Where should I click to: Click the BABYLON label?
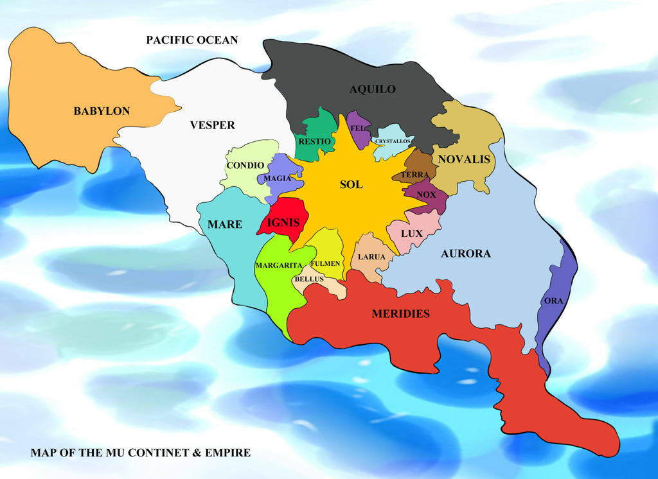click(x=102, y=111)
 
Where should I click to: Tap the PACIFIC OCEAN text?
click(x=191, y=40)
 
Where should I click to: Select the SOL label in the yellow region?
click(x=351, y=185)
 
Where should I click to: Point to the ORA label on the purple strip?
click(x=553, y=300)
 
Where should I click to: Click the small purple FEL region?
click(x=358, y=128)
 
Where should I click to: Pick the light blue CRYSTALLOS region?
click(x=393, y=141)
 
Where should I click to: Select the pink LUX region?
click(x=412, y=233)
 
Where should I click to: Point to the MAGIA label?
click(x=278, y=179)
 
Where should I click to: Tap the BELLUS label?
click(x=308, y=279)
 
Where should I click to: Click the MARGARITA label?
click(x=278, y=265)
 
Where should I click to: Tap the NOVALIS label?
click(x=464, y=159)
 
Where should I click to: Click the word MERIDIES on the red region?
click(x=400, y=313)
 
